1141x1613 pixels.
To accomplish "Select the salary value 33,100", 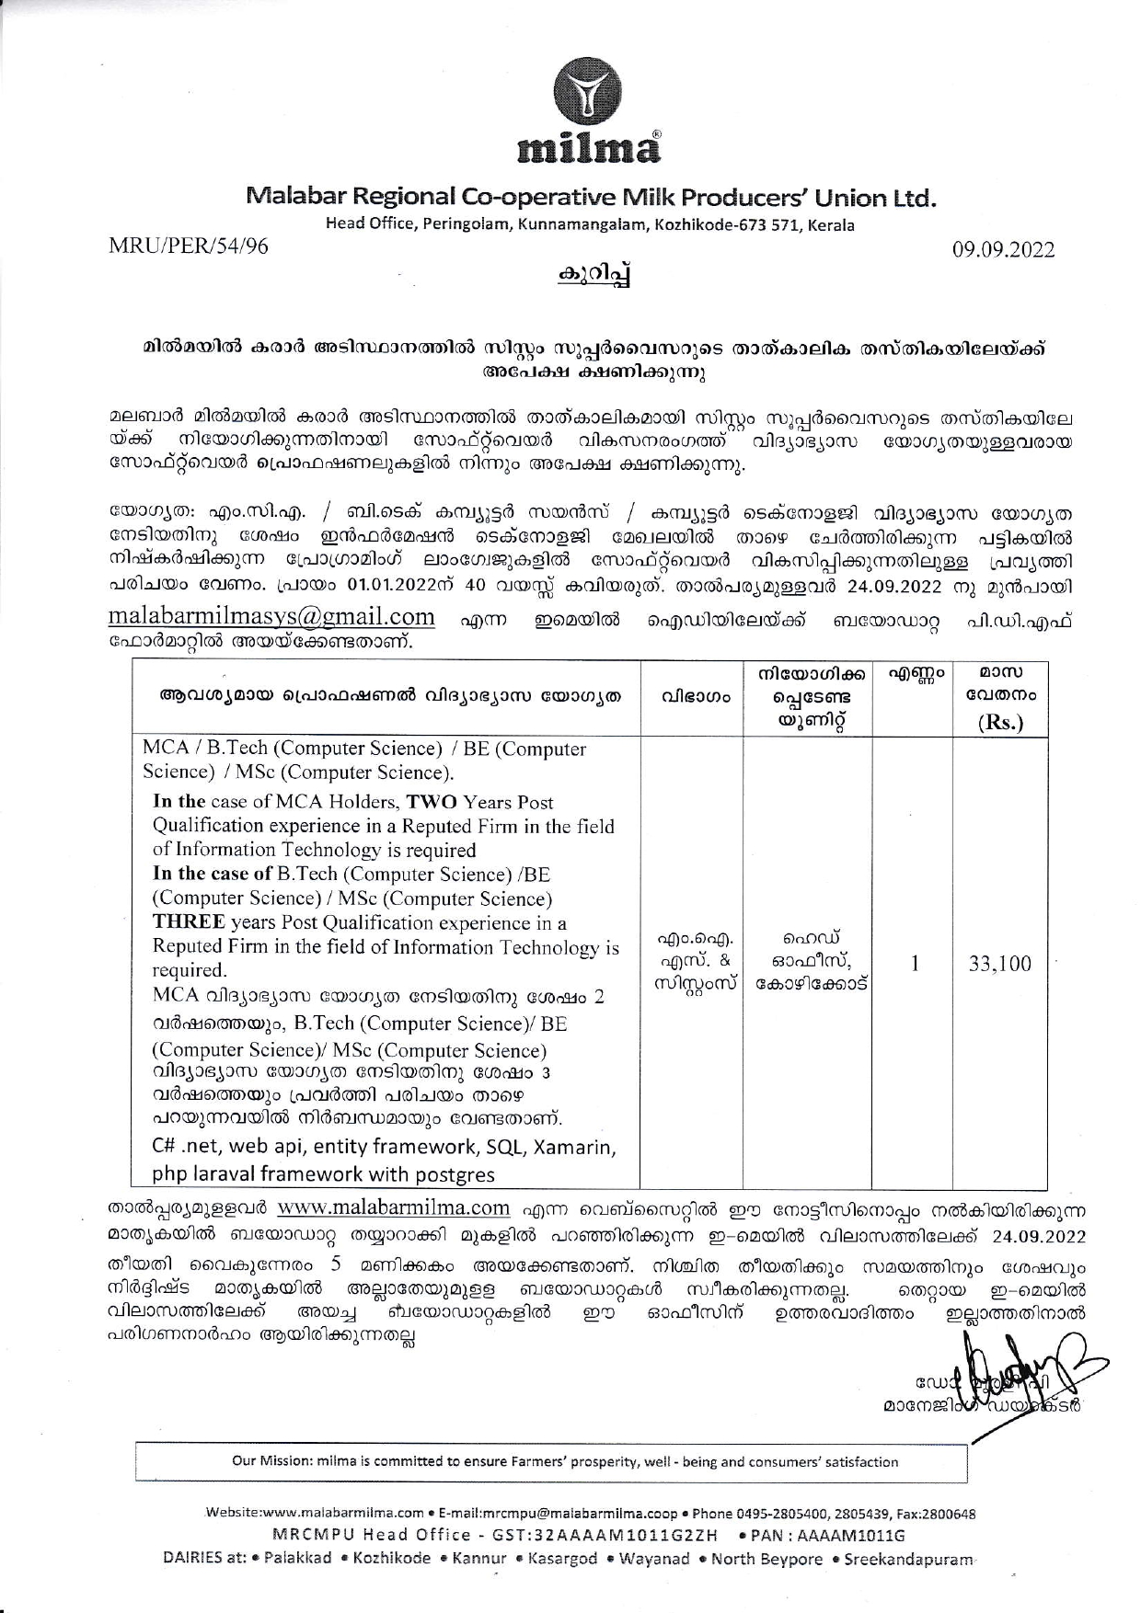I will click(999, 964).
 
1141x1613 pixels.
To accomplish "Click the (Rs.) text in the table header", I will click(1000, 722).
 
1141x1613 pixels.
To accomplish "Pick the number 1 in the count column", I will click(914, 964).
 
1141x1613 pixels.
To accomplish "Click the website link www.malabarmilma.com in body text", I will click(393, 1207).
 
